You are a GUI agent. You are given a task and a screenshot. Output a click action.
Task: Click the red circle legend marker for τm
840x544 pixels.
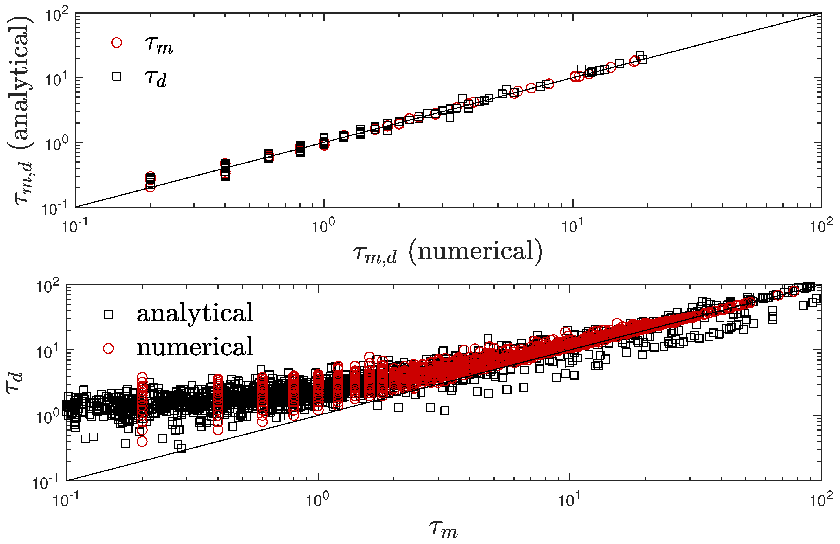point(116,43)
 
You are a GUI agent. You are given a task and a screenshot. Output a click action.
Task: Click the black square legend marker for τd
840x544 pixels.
point(116,76)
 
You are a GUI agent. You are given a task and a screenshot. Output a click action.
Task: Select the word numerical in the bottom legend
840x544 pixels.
point(195,348)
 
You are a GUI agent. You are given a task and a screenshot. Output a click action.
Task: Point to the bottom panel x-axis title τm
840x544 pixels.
point(443,530)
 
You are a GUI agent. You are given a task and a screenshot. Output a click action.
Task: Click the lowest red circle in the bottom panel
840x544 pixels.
point(142,441)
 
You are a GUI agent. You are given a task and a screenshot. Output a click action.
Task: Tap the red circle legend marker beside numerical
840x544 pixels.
point(108,348)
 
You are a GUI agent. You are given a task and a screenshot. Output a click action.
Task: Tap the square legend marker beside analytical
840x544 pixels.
point(108,314)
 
